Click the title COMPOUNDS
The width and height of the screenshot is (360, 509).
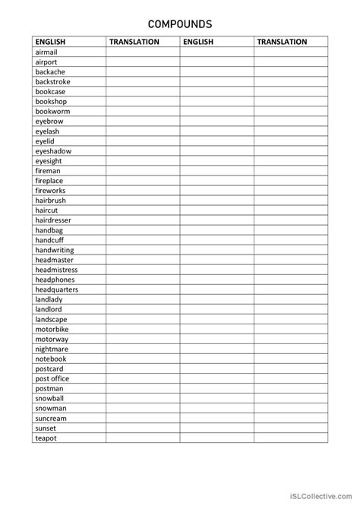click(180, 24)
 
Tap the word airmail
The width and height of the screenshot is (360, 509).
click(46, 52)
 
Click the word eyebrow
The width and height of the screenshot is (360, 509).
click(48, 121)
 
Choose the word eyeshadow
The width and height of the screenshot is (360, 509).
click(53, 150)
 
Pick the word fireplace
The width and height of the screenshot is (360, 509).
click(50, 180)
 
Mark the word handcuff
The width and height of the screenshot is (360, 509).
click(51, 239)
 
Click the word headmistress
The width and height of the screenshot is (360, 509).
click(56, 270)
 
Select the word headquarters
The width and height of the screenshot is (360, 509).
click(56, 289)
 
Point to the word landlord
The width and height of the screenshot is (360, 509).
click(49, 309)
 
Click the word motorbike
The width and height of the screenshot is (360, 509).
click(52, 329)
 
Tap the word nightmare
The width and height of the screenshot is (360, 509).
click(52, 349)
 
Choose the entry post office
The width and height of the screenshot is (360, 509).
click(52, 378)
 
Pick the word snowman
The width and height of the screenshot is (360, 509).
click(50, 408)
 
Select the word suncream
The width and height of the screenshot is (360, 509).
click(51, 418)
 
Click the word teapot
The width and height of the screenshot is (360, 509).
click(46, 438)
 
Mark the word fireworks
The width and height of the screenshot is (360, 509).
click(50, 190)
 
